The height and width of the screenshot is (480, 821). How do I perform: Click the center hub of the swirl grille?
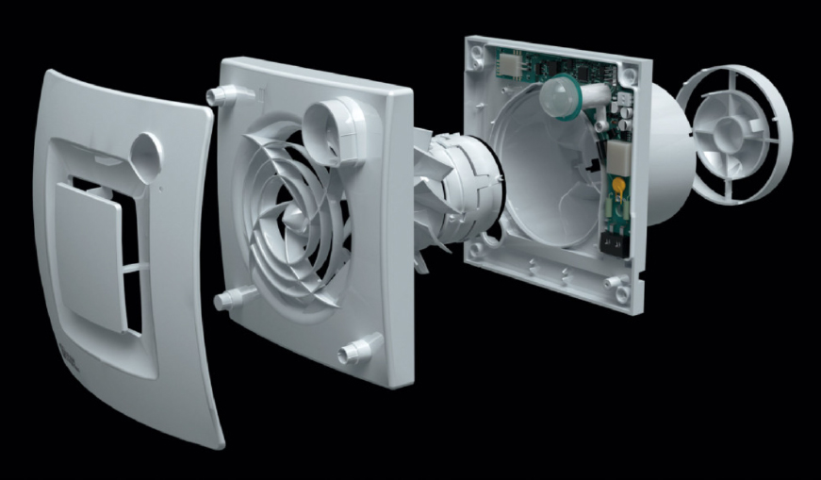295,218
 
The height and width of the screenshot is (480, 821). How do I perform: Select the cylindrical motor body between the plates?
452,189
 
